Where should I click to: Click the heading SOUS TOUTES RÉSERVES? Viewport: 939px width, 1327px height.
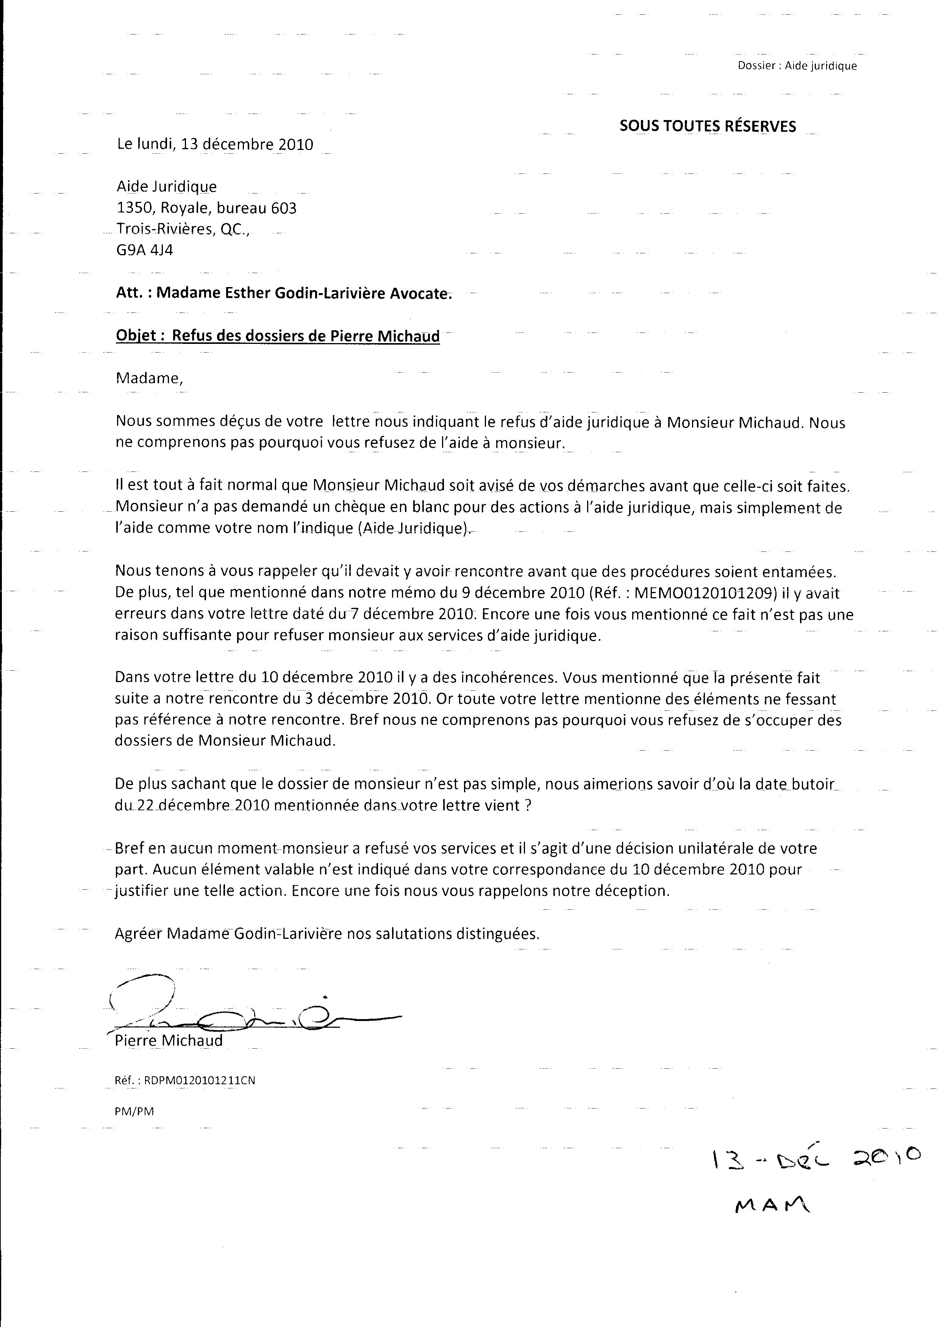(x=708, y=126)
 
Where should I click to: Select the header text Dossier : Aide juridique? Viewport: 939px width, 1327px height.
(x=797, y=66)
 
